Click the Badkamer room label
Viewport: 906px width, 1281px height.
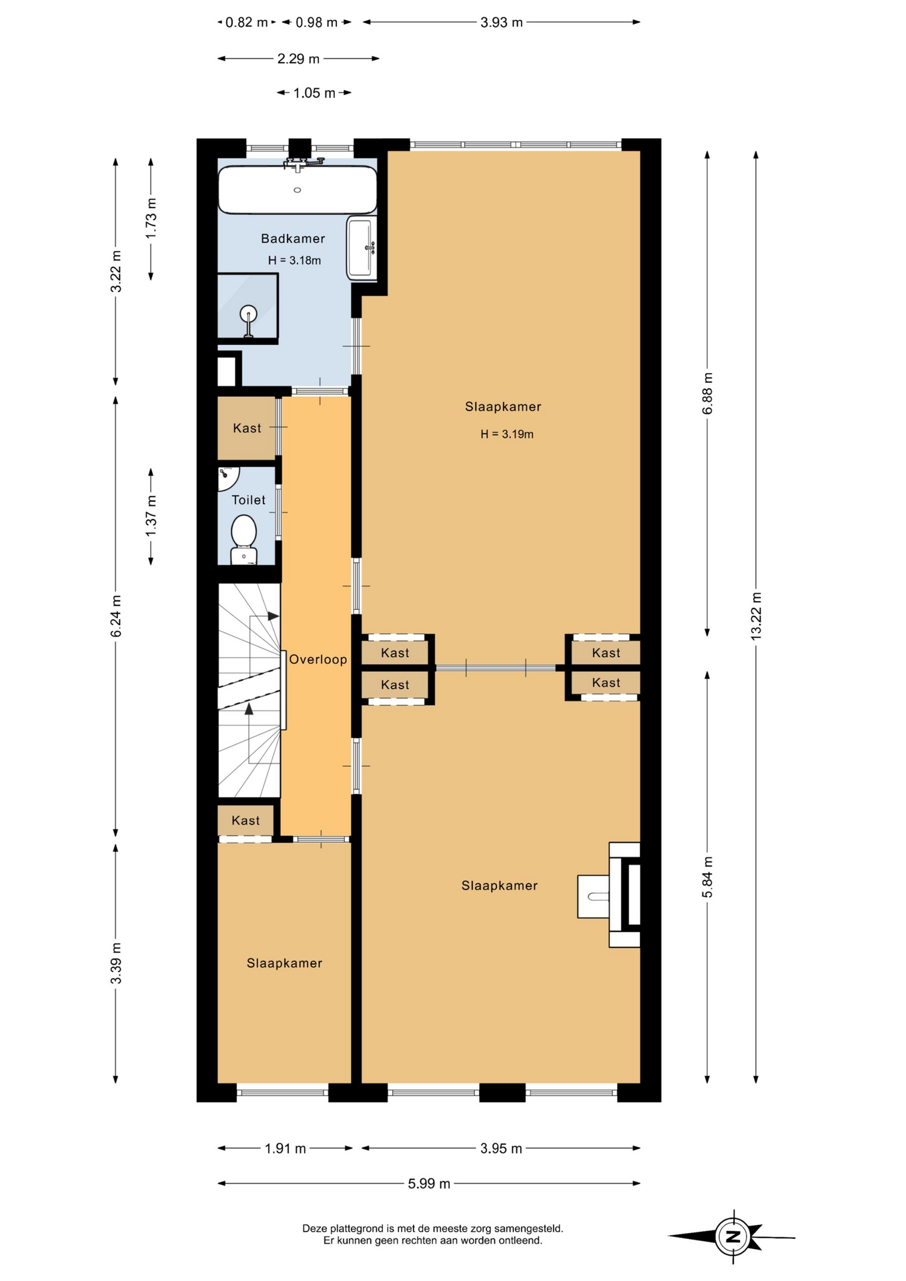293,238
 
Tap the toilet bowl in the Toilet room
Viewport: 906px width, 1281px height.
244,532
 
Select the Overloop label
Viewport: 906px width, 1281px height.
318,659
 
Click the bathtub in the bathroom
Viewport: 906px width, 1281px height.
298,189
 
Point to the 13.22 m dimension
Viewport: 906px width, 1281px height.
756,616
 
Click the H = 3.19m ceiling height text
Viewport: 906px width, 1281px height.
507,434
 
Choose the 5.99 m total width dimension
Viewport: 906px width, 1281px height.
429,1184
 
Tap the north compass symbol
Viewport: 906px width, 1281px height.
733,1236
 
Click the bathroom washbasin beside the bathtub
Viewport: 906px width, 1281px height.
362,248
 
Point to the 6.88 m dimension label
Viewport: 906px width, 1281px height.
707,394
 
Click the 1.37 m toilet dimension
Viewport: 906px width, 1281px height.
151,516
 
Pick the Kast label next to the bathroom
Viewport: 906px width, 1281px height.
247,428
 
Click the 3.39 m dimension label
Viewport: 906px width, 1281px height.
115,963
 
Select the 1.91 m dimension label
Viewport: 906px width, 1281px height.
285,1148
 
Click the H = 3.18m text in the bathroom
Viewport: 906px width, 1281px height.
294,260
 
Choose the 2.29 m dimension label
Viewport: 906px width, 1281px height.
298,59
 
